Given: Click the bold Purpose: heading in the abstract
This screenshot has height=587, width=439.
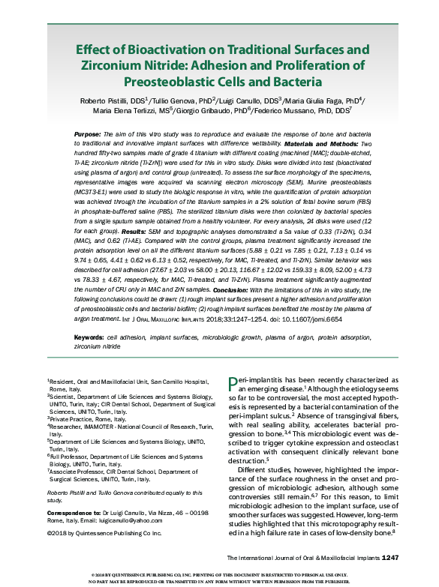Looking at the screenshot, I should pyautogui.click(x=90, y=133).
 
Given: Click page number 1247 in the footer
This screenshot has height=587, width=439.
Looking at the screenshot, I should pyautogui.click(x=395, y=558).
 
